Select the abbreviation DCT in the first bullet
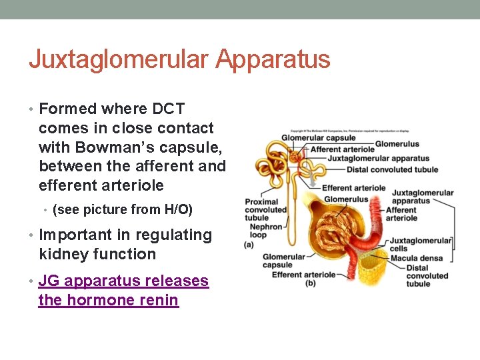tap(169, 109)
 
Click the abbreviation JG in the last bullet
tap(50, 281)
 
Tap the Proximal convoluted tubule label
tap(265, 209)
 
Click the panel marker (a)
tap(249, 244)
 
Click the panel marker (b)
tap(310, 284)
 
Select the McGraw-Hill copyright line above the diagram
tap(349, 131)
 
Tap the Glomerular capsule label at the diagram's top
tap(318, 138)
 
